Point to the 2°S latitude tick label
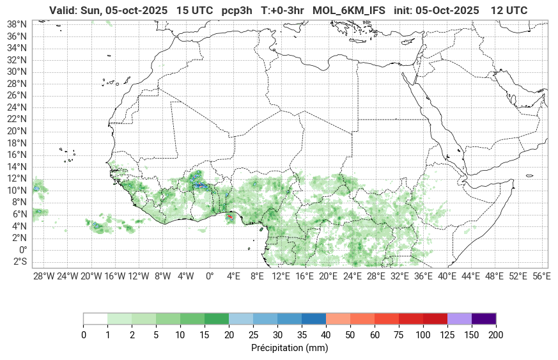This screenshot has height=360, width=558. [x=19, y=262]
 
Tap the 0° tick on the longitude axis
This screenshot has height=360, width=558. [x=210, y=276]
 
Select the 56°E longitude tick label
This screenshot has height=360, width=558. [x=541, y=276]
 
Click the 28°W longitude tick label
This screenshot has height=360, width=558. [x=43, y=276]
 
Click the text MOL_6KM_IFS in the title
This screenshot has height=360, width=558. [x=349, y=10]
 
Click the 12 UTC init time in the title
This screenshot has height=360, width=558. [x=509, y=10]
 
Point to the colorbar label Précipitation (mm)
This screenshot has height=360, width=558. [x=290, y=348]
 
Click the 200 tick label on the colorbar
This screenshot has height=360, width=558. [x=496, y=335]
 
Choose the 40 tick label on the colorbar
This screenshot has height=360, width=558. [x=325, y=335]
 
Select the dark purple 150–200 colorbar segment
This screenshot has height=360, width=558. [x=484, y=318]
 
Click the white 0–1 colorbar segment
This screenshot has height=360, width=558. [x=95, y=318]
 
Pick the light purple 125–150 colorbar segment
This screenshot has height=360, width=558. [x=460, y=318]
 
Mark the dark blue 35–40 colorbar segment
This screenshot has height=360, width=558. [x=313, y=318]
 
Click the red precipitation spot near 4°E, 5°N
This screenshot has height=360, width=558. [x=229, y=217]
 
